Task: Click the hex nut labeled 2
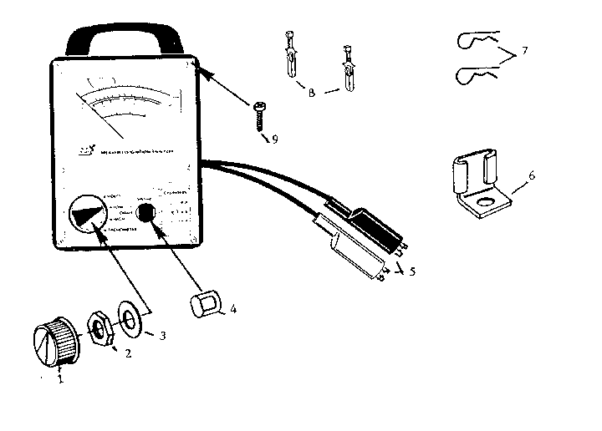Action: point(102,327)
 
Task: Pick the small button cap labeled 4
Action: point(205,304)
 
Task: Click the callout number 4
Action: point(234,309)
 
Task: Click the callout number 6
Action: point(532,175)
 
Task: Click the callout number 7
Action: point(524,51)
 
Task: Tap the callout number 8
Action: point(311,93)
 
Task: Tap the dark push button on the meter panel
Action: point(148,213)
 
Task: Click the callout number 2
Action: point(127,353)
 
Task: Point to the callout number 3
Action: point(163,336)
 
